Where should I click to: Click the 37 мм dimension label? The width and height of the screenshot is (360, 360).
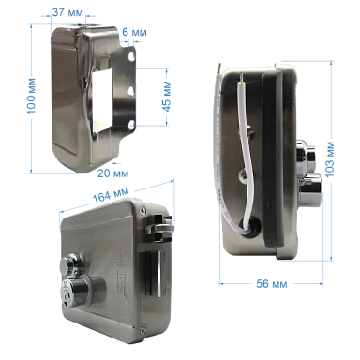coord(67,12)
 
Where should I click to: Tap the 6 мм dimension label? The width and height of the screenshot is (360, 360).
coord(134,32)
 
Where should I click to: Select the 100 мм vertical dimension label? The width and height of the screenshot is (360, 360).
coord(31,96)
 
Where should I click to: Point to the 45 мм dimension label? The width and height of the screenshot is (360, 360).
coord(167,96)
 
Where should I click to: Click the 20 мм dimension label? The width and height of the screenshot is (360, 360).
coord(112,173)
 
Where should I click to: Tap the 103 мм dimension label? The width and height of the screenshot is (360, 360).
coord(329,159)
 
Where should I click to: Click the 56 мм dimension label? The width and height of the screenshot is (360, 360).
coord(272,284)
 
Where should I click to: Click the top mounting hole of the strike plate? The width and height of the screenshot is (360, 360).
coord(132,56)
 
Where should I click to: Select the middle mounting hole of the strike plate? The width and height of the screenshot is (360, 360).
coord(132,91)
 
